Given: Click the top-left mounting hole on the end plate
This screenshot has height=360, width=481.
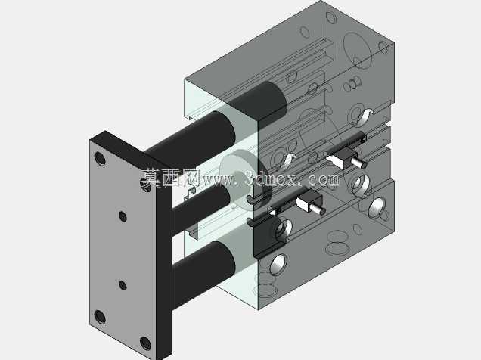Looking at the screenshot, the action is point(100,159).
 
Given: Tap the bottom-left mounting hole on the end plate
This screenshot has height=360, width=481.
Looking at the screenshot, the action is point(100,317).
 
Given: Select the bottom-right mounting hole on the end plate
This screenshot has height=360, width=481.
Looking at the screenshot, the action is point(145,343).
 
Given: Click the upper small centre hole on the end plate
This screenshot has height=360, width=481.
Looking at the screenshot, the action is point(123,216).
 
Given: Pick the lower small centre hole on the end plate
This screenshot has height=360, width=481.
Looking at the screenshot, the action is point(123,285).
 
